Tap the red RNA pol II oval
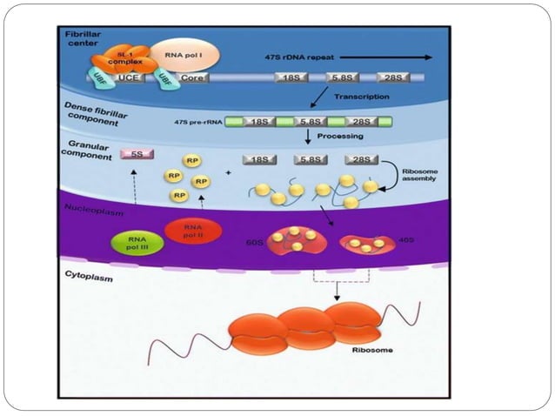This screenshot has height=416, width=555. [190, 231]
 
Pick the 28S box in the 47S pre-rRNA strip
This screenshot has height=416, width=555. [361, 122]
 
